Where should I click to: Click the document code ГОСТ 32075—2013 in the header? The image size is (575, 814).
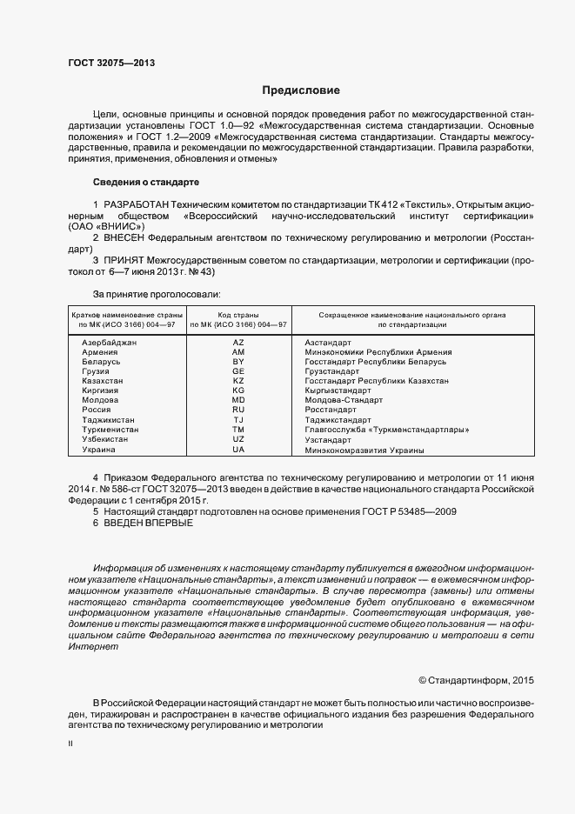coord(112,62)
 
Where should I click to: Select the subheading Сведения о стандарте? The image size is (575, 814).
coord(146,183)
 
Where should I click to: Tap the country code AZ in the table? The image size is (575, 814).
coord(238,343)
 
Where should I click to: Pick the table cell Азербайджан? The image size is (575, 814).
coord(109,343)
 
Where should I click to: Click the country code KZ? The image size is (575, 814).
coord(238,381)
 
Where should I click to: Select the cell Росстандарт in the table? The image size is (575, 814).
coord(331,410)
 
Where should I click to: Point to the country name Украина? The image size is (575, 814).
coord(98,450)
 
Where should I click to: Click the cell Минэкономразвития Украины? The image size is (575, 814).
coord(364,450)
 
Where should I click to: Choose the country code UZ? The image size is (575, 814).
coord(238,439)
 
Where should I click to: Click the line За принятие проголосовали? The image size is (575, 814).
coord(157,294)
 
